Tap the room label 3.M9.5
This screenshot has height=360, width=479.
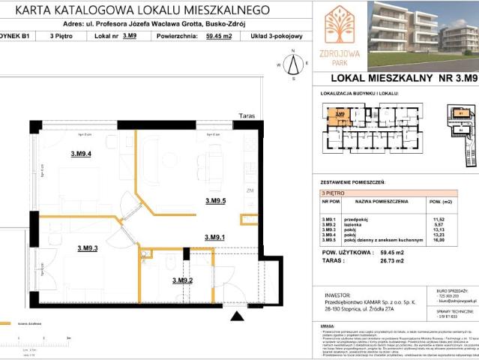(x=216, y=200)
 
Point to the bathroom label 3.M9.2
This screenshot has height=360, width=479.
(x=183, y=280)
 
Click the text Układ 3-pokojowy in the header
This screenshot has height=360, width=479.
(x=277, y=35)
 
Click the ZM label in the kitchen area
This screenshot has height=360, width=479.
(x=250, y=191)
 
